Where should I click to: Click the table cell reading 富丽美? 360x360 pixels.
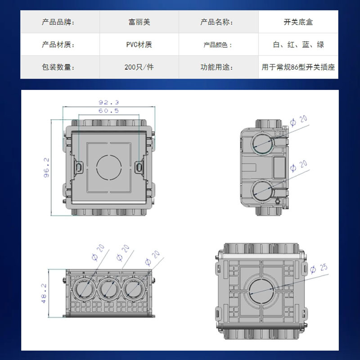[139, 22]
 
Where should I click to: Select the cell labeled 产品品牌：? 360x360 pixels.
[59, 22]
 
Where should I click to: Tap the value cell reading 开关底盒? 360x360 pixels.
[298, 22]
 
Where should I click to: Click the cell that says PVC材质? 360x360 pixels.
[139, 45]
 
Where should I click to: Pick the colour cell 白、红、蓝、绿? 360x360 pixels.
[298, 45]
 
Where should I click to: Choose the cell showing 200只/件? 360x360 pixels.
[139, 67]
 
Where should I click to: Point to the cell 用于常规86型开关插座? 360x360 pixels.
[298, 67]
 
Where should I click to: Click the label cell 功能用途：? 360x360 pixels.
[218, 67]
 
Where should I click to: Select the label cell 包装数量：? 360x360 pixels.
[59, 67]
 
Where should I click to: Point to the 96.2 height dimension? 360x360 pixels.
[46, 168]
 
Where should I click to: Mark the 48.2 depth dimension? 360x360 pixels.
[45, 293]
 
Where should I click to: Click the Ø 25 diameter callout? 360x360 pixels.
[318, 269]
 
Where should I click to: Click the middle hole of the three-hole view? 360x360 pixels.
[108, 288]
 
